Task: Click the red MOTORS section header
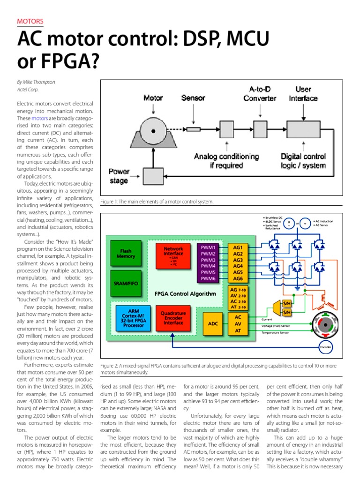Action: tap(30, 21)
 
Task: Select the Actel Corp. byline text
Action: tap(28, 90)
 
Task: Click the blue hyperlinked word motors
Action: tap(40, 119)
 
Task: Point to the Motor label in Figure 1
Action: tap(153, 98)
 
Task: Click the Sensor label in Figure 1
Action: tap(193, 98)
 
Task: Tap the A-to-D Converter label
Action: tap(260, 94)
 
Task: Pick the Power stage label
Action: tap(119, 176)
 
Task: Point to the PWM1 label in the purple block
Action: tap(208, 247)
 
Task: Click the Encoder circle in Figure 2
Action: tap(325, 347)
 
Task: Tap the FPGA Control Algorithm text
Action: tap(186, 294)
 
